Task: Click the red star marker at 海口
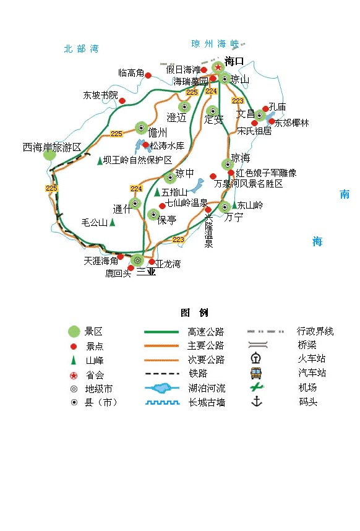[218, 67]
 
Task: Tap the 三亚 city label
[146, 272]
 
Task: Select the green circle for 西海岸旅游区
[49, 155]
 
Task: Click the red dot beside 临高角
[148, 76]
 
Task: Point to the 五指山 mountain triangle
[157, 192]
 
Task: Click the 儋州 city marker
[142, 128]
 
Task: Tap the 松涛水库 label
[167, 145]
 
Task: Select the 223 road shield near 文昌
[238, 101]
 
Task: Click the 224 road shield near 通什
[136, 189]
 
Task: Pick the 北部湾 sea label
[81, 49]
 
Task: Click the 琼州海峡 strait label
[215, 44]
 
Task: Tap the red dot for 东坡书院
[122, 101]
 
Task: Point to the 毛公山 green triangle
[113, 222]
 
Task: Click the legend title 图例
[194, 313]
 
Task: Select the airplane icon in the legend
[257, 387]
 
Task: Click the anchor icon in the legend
[257, 402]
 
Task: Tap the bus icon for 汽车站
[256, 373]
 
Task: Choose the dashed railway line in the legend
[161, 374]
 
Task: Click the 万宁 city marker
[225, 207]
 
